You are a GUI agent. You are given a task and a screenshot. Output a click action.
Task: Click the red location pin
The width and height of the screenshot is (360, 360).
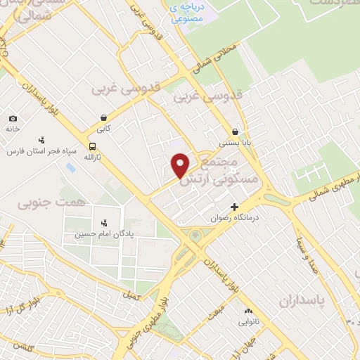click(181, 166)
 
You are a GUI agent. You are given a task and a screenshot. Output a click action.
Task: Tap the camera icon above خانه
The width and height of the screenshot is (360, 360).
click(13, 119)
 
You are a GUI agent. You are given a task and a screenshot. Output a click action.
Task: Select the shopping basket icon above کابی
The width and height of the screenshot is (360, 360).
click(104, 118)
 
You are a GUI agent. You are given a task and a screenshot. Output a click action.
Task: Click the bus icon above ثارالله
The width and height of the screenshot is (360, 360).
click(93, 146)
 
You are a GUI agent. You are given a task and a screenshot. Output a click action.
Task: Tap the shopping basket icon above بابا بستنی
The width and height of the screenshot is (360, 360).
click(235, 131)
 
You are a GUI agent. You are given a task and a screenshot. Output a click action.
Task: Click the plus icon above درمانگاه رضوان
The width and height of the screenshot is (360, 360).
click(234, 207)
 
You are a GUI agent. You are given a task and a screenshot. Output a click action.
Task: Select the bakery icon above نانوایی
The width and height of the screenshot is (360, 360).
click(247, 311)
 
